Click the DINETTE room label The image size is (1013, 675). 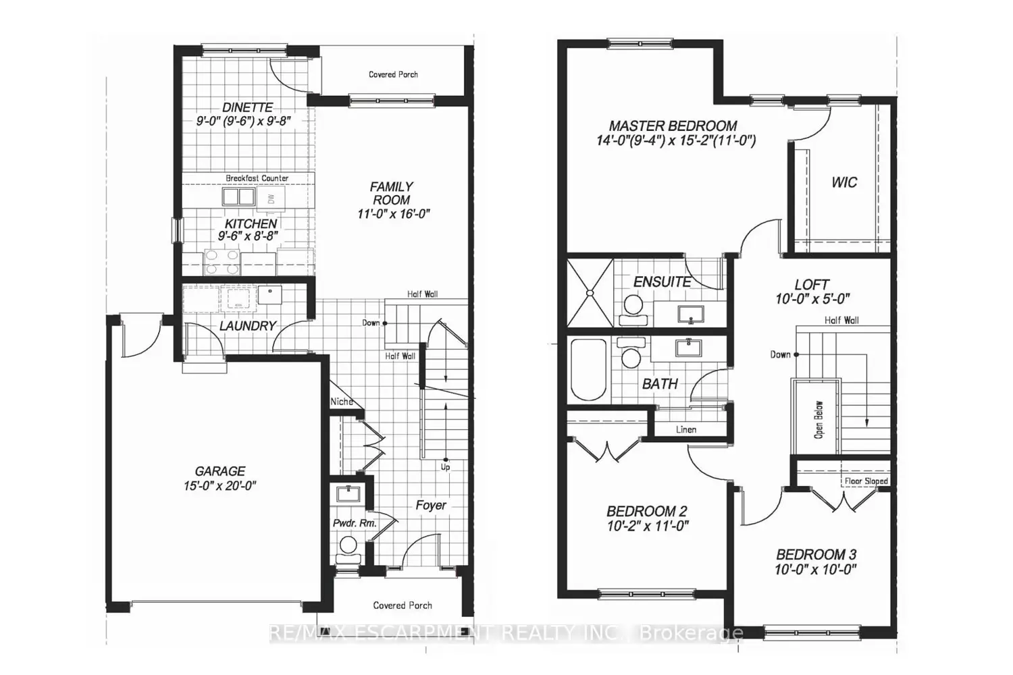click(x=248, y=107)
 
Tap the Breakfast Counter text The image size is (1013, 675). click(x=257, y=178)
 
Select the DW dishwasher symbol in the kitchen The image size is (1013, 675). click(x=271, y=198)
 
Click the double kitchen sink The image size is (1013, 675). click(x=238, y=197)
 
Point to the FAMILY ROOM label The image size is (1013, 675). click(x=391, y=193)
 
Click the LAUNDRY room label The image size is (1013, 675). click(x=247, y=326)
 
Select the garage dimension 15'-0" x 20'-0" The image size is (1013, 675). click(x=220, y=486)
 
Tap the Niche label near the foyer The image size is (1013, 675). click(x=341, y=402)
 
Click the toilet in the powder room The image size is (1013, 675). click(x=348, y=545)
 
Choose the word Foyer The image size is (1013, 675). click(x=430, y=505)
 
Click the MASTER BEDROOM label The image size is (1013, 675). click(x=673, y=126)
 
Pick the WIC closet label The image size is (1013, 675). click(x=844, y=182)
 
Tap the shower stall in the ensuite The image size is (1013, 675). click(x=590, y=292)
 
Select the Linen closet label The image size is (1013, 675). click(x=685, y=429)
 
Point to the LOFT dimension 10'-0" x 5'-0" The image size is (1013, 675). click(x=812, y=298)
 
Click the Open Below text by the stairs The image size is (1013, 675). click(x=819, y=420)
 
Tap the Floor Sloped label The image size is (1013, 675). click(x=866, y=481)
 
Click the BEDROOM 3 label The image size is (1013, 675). click(x=816, y=555)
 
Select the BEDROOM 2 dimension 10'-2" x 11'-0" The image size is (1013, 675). click(x=647, y=526)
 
